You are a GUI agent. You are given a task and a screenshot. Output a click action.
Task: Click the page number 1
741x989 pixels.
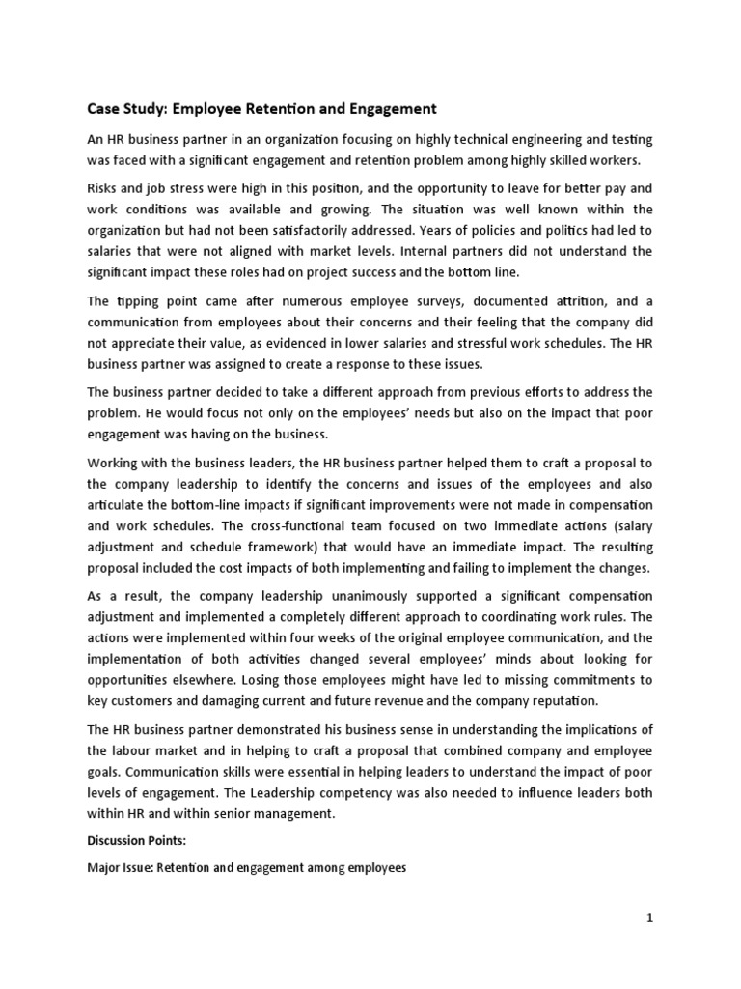[x=650, y=919]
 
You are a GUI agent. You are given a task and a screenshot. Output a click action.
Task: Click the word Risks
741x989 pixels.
[x=104, y=187]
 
